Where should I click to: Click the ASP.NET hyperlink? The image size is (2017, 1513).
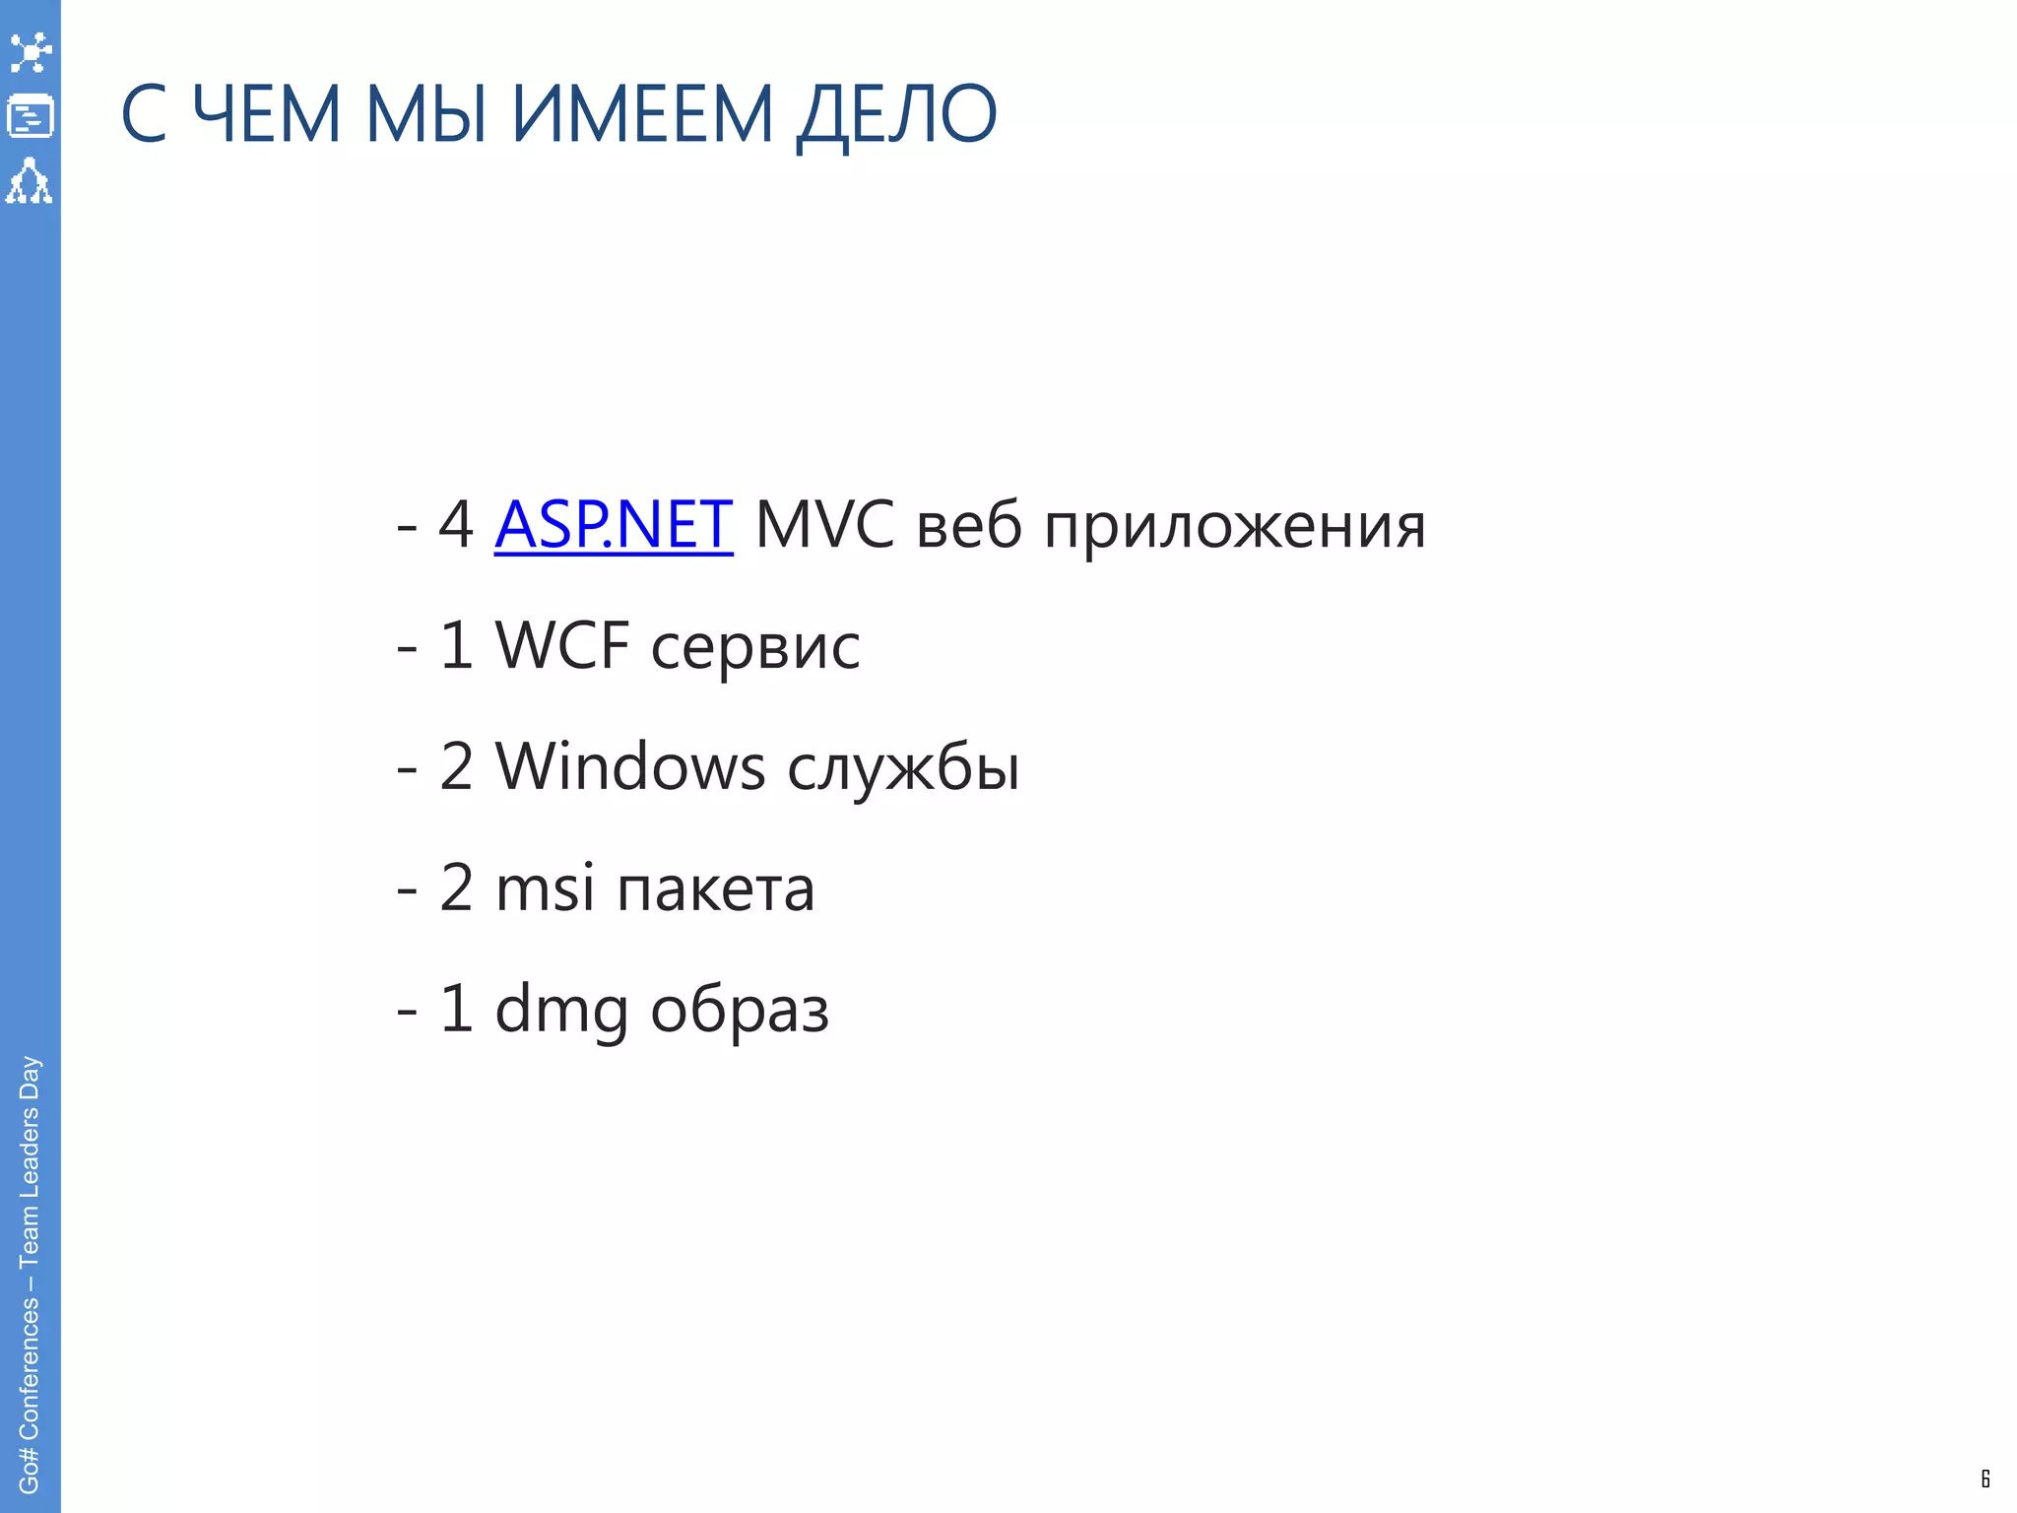[x=614, y=524]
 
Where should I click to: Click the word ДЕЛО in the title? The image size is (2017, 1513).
[x=896, y=115]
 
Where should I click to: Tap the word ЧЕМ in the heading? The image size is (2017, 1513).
[x=266, y=115]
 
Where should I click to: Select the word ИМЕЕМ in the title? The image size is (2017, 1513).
[x=642, y=115]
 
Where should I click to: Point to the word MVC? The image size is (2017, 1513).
[x=824, y=524]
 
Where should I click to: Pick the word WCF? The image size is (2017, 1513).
[x=561, y=646]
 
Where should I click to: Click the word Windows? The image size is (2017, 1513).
[x=629, y=766]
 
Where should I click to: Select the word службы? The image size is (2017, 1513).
[x=903, y=768]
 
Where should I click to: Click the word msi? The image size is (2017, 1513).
[x=545, y=888]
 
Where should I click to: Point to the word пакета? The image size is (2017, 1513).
[x=716, y=889]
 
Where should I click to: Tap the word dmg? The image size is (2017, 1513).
[x=560, y=1010]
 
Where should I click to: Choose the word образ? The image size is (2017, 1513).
[x=740, y=1010]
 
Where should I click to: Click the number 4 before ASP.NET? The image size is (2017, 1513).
[x=456, y=524]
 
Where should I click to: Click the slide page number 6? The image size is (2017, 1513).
[x=1984, y=1479]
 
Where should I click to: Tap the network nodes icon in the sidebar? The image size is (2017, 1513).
[x=31, y=52]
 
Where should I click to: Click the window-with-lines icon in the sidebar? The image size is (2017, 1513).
[x=31, y=116]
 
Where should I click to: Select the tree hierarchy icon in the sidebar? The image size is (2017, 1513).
[x=30, y=181]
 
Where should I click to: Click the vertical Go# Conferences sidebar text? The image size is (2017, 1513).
[x=30, y=1275]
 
